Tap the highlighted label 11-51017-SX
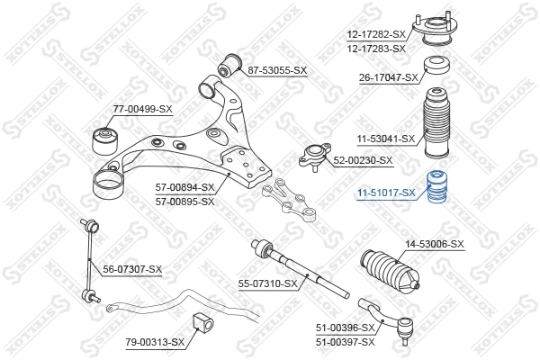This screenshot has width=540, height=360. pos(384,193)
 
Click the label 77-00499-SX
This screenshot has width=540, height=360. pos(142,109)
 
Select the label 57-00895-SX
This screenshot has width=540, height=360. pos(184,201)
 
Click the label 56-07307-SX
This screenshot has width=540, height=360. pos(131,269)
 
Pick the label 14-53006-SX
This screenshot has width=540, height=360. pos(435,244)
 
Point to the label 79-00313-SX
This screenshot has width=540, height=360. pos(155,342)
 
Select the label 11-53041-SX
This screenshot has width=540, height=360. pos(383,139)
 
